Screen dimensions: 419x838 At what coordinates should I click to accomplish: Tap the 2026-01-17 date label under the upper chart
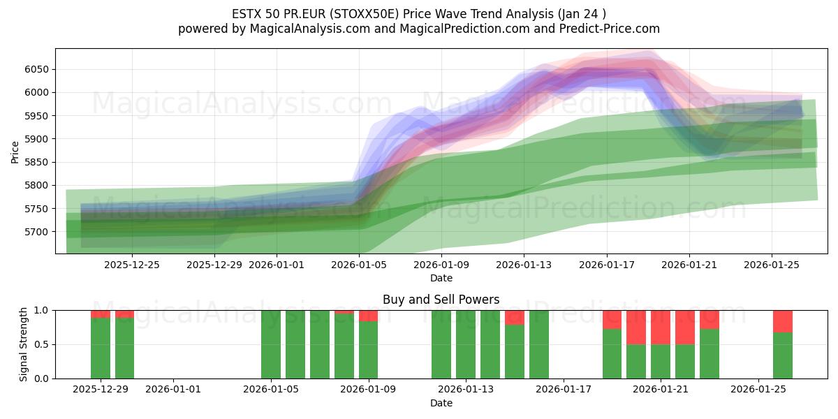point(606,265)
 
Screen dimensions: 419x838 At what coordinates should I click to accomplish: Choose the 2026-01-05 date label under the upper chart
point(359,265)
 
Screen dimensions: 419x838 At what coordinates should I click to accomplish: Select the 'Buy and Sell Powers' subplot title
point(441,300)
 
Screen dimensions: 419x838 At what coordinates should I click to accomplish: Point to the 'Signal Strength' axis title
point(24,344)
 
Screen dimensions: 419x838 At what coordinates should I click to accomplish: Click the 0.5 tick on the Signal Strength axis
point(41,344)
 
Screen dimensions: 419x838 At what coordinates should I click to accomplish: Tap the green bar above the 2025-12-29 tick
point(101,348)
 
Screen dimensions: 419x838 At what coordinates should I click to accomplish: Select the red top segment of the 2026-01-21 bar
point(661,327)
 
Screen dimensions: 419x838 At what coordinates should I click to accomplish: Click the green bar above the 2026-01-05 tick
point(271,344)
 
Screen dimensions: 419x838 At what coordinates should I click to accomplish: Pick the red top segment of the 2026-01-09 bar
point(369,316)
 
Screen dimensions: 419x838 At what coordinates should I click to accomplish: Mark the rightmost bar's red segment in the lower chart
point(783,321)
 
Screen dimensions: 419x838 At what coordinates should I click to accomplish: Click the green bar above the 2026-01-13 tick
point(466,344)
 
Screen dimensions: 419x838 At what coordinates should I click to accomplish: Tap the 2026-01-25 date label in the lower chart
point(758,390)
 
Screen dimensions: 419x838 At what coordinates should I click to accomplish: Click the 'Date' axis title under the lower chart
point(441,403)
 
